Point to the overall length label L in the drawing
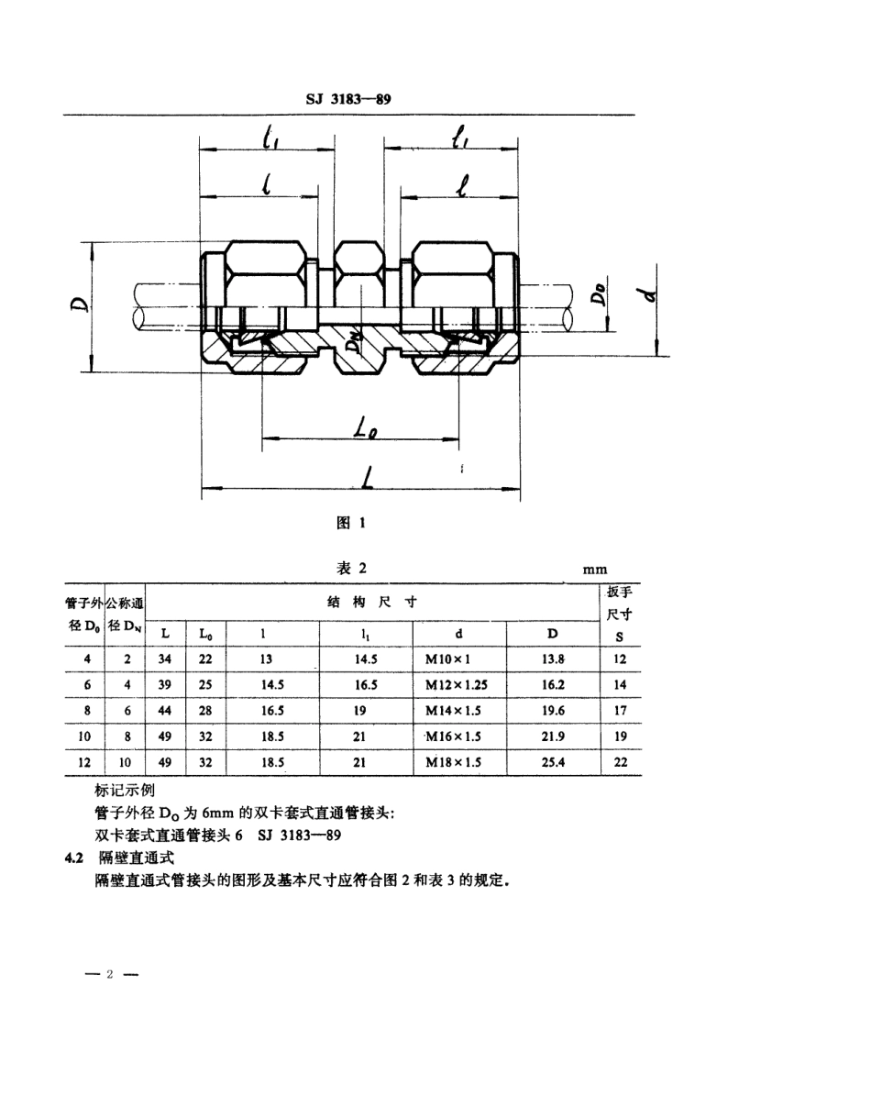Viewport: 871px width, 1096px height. click(x=367, y=478)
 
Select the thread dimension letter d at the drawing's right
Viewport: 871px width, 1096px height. click(x=651, y=296)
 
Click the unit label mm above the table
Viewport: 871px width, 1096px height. click(x=595, y=570)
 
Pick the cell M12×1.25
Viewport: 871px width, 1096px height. click(x=458, y=684)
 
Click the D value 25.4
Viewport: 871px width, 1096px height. click(x=552, y=761)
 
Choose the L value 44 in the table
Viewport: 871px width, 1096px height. click(x=164, y=710)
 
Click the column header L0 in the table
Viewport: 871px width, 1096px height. click(x=204, y=633)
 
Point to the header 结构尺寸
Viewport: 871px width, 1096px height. click(x=372, y=602)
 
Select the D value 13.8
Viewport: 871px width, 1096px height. click(x=552, y=659)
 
